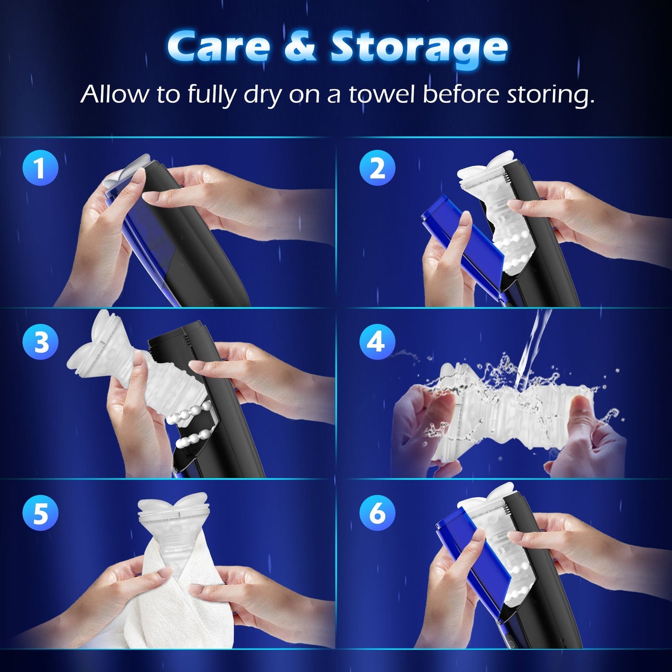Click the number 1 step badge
point(40,168)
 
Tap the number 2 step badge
point(377,168)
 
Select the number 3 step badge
point(40,341)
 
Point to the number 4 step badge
point(377,341)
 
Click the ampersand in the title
point(300,47)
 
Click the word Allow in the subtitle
point(114,93)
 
